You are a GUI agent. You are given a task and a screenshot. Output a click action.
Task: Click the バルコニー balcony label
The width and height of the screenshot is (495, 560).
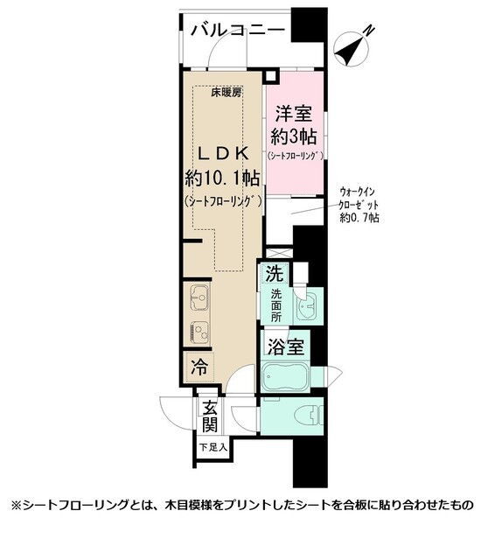[238, 31]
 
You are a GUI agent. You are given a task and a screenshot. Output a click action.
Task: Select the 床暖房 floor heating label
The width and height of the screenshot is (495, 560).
[227, 93]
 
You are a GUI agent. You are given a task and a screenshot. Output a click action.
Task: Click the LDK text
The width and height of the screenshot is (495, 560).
[223, 154]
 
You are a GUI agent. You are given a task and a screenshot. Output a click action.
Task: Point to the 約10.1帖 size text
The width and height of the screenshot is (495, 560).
[222, 178]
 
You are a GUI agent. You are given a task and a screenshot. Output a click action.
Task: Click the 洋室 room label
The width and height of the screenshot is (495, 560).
[293, 114]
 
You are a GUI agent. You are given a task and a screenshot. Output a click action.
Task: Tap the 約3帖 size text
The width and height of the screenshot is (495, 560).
[293, 136]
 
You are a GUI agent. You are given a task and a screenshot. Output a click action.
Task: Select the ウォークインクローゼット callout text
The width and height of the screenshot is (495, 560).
[359, 199]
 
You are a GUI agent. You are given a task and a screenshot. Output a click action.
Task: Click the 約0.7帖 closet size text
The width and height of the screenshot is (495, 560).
[359, 218]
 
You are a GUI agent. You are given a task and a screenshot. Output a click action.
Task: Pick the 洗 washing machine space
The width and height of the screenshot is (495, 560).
[275, 274]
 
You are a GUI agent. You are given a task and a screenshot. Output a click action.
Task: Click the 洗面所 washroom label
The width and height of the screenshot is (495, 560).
[275, 305]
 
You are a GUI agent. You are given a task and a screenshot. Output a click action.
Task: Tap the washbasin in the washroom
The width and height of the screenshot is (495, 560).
[308, 306]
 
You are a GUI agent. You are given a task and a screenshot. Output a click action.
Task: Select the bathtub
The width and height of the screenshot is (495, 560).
[285, 377]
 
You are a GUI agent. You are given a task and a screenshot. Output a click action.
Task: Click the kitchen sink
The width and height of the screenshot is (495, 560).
[199, 298]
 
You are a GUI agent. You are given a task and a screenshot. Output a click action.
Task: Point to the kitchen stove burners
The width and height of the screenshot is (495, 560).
[199, 333]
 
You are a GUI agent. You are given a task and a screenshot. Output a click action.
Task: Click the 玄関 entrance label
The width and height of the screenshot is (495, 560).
[210, 416]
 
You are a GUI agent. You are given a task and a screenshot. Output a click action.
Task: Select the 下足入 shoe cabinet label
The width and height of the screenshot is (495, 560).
[213, 447]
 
